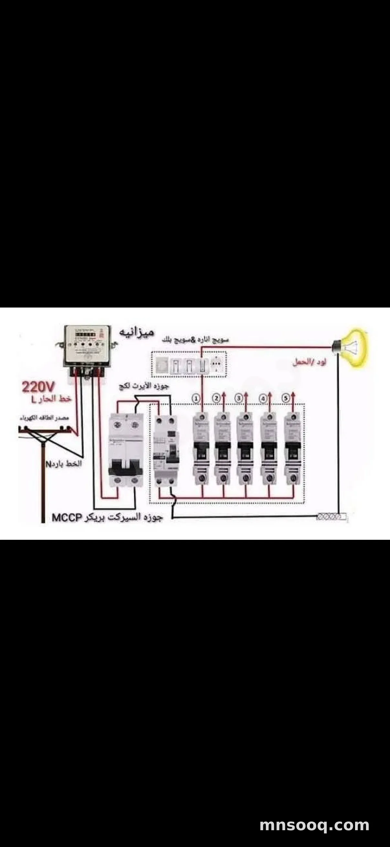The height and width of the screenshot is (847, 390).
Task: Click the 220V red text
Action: [x=38, y=387]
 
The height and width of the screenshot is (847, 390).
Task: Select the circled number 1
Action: [x=196, y=399]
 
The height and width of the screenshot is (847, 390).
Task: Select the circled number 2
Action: [x=216, y=399]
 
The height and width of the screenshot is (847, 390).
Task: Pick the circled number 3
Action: [x=239, y=399]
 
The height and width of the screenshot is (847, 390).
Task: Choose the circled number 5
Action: [x=285, y=399]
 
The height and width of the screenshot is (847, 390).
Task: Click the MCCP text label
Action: [x=67, y=518]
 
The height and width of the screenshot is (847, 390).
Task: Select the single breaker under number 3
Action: [x=245, y=449]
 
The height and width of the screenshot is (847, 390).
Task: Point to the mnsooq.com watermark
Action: [x=314, y=825]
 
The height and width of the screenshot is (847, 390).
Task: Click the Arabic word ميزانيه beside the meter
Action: [x=136, y=332]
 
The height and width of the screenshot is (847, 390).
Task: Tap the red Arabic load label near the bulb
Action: [x=309, y=363]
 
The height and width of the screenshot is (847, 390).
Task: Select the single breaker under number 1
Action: [x=201, y=449]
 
